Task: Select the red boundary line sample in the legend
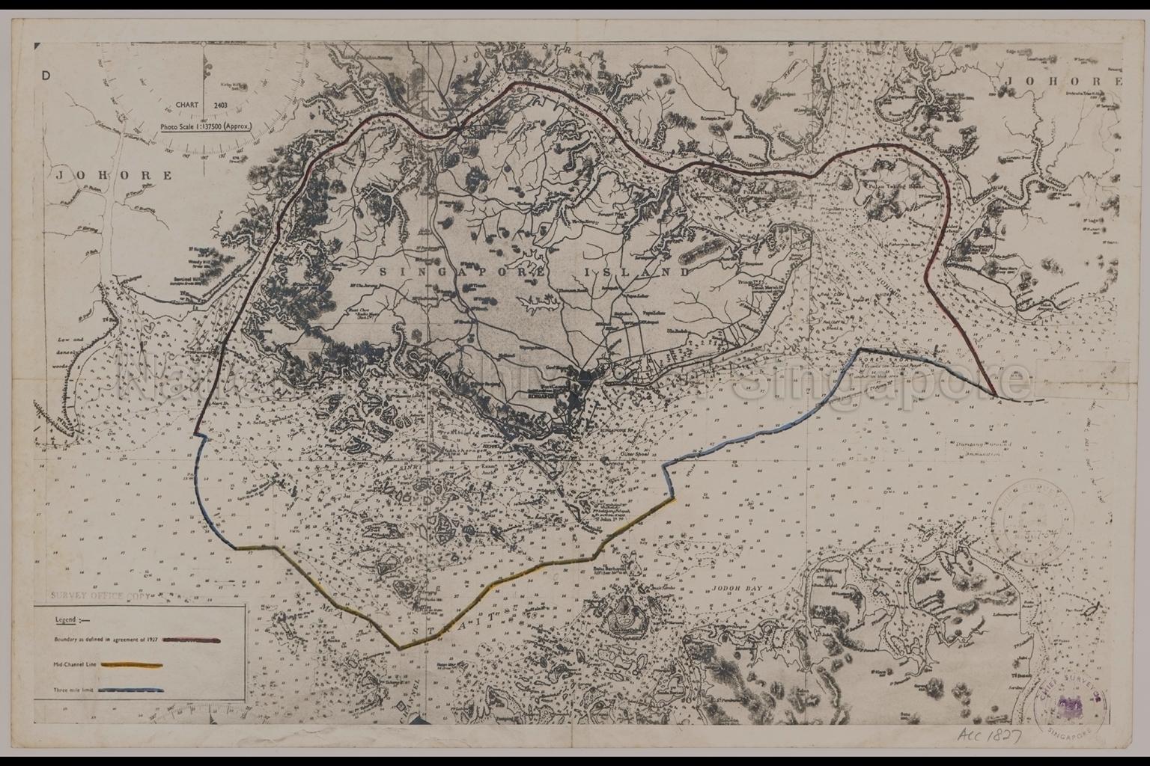[x=192, y=641]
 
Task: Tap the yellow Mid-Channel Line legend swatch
[x=132, y=664]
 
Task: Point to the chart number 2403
[x=220, y=106]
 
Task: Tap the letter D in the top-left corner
[x=46, y=75]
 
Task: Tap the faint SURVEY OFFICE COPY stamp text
[x=101, y=597]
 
